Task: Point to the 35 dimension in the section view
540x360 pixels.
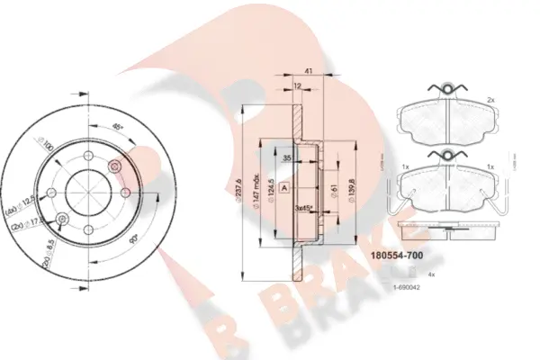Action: (x=285, y=158)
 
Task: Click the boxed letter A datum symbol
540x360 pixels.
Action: (x=283, y=188)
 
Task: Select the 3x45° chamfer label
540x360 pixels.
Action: (x=305, y=207)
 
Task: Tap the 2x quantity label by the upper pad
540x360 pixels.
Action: (x=490, y=100)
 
